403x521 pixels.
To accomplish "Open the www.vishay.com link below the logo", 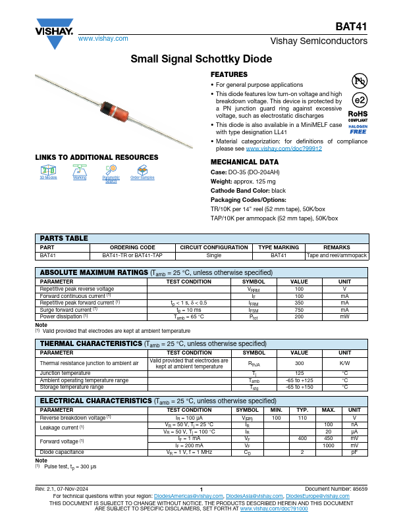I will [x=103, y=39].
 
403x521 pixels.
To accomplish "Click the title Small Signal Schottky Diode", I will [x=201, y=59].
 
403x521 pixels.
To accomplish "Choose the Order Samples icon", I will [x=142, y=170].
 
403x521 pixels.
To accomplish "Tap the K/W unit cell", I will [x=344, y=363].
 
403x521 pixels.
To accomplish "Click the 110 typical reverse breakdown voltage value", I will [x=303, y=418].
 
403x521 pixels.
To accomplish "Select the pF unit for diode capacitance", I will [x=354, y=452].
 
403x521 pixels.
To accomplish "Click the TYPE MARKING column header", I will [x=279, y=248].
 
